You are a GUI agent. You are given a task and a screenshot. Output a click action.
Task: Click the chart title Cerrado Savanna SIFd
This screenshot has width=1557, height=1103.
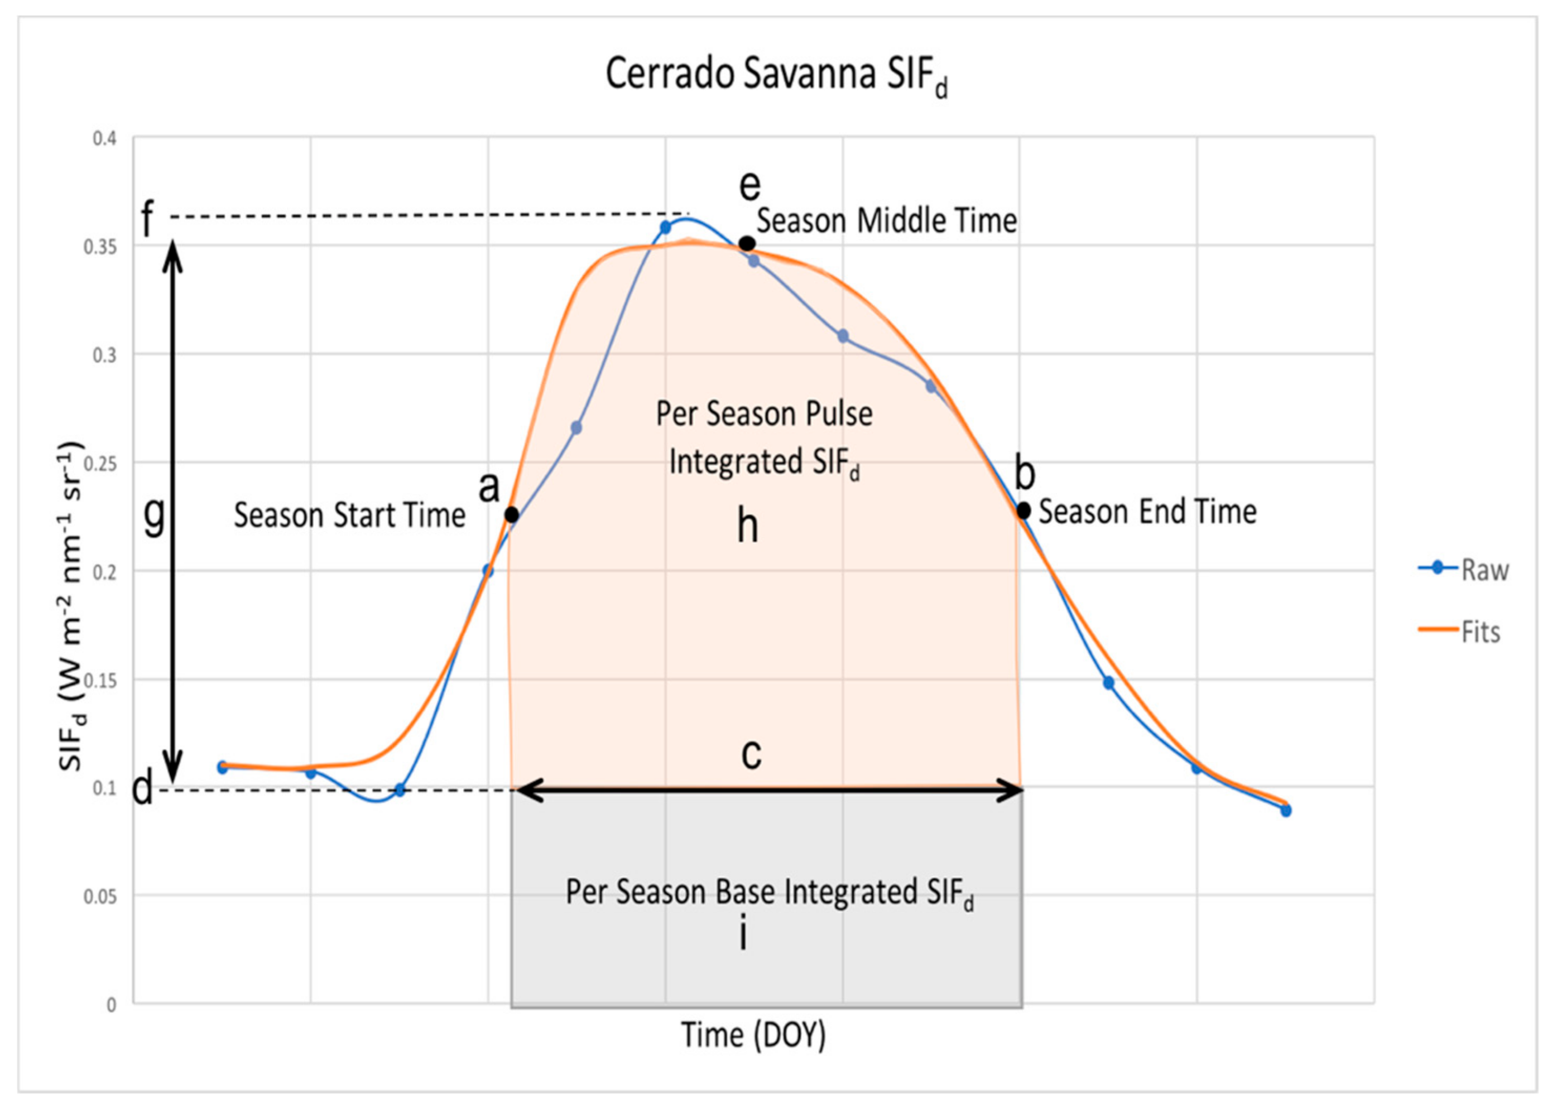776,75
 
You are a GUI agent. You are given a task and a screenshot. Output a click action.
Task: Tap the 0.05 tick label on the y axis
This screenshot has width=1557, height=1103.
99,897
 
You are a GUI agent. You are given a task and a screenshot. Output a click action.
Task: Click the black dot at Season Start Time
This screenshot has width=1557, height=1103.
512,515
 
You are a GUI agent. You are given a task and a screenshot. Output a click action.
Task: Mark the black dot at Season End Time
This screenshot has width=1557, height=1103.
1023,510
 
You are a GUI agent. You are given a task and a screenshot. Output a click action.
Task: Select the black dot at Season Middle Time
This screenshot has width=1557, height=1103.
747,243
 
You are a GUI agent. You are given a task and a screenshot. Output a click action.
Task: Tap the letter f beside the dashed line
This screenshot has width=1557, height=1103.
148,219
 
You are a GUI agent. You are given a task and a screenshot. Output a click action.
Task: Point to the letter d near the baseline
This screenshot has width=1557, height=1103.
142,789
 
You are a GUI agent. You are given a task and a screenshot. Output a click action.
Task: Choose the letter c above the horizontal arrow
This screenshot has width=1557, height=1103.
751,753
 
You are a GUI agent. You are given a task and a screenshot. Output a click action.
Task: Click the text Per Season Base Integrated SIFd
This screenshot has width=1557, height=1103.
770,893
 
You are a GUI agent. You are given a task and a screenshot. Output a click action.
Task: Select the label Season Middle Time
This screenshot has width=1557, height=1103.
887,221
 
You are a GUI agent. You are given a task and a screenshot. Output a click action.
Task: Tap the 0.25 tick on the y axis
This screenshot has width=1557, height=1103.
99,464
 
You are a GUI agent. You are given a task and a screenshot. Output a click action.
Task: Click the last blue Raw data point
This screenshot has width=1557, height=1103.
1286,810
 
